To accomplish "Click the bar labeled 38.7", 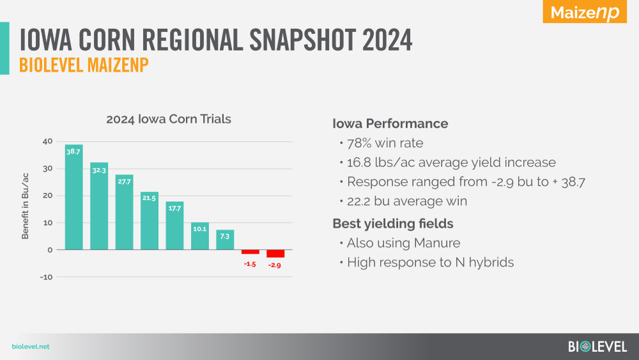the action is click(x=73, y=197).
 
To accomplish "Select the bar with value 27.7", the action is click(x=125, y=212).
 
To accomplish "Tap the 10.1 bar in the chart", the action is click(x=199, y=236).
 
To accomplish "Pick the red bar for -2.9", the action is click(x=275, y=254).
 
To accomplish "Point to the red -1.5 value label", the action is click(x=250, y=264).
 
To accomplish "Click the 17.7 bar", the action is click(x=174, y=226).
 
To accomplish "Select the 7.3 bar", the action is click(x=225, y=240).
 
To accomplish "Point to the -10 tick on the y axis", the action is click(x=46, y=278).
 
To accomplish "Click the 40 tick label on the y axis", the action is click(x=47, y=141).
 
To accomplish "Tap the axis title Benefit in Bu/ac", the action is click(x=26, y=206).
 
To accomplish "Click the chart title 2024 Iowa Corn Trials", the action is click(x=169, y=119).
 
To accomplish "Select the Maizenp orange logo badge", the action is click(x=585, y=12).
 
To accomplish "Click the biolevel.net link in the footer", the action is click(x=31, y=347).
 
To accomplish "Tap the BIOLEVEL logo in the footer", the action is click(x=597, y=347).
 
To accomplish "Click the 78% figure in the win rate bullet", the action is click(x=359, y=143).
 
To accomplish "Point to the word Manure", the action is click(x=437, y=243).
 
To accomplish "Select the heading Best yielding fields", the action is click(x=393, y=224).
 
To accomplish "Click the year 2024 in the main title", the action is click(x=387, y=40).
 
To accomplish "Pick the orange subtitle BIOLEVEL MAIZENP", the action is click(x=84, y=65).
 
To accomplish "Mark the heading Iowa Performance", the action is click(x=390, y=123).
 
